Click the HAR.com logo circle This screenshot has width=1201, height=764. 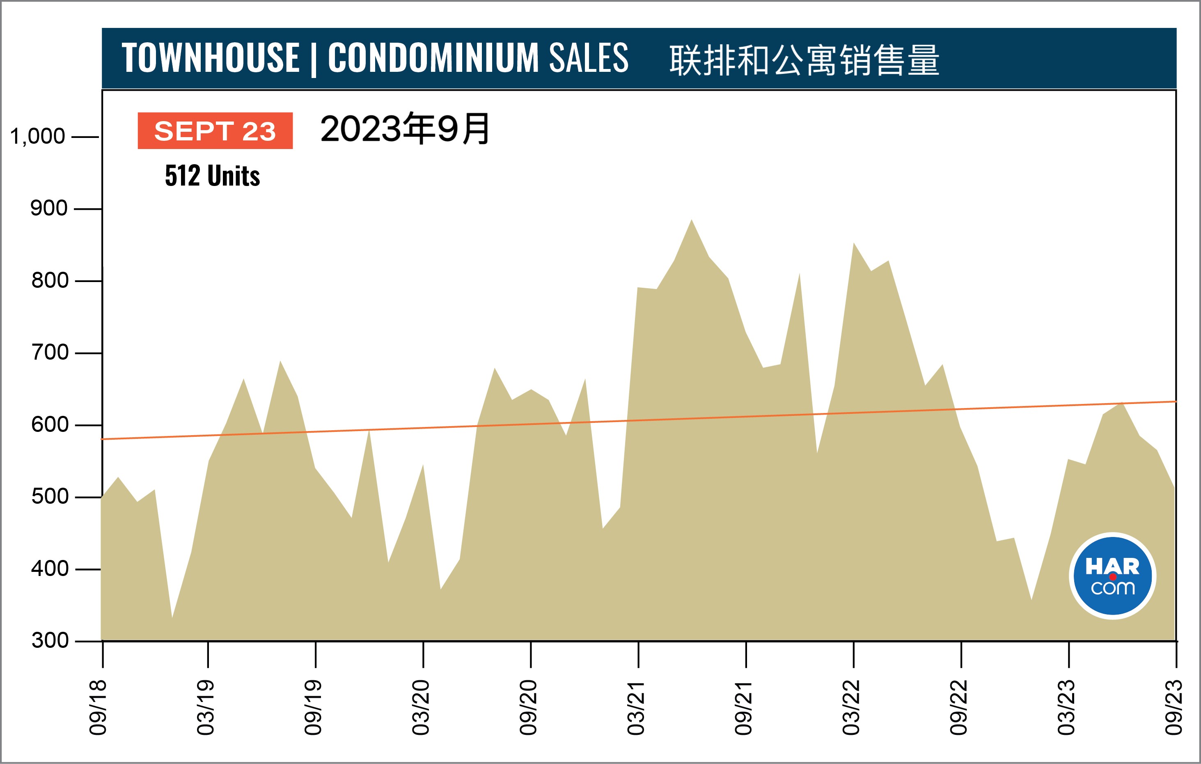click(x=1112, y=576)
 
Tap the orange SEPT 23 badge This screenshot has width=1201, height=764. click(x=215, y=131)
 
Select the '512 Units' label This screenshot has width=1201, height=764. click(x=213, y=176)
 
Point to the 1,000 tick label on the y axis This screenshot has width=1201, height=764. click(x=37, y=136)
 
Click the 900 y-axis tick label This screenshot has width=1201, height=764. click(x=49, y=209)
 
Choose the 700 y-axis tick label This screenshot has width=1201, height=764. click(x=50, y=353)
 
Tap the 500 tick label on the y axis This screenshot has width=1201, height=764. click(x=50, y=497)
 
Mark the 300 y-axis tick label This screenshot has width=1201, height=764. click(x=50, y=640)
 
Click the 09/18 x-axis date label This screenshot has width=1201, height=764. click(x=98, y=707)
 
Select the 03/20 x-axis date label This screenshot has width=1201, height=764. click(x=420, y=707)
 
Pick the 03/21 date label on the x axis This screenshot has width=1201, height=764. click(x=636, y=707)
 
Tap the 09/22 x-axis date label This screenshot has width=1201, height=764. click(x=958, y=707)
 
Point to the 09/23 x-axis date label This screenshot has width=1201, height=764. click(x=1173, y=707)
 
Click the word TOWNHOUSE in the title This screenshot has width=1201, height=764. click(x=211, y=58)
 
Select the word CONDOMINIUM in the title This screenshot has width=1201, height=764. click(x=433, y=58)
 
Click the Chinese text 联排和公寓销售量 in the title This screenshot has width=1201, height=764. click(x=804, y=60)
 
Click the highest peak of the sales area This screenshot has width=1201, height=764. click(x=691, y=220)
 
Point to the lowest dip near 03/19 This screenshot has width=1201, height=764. click(x=172, y=617)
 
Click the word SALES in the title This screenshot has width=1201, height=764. click(x=589, y=58)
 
